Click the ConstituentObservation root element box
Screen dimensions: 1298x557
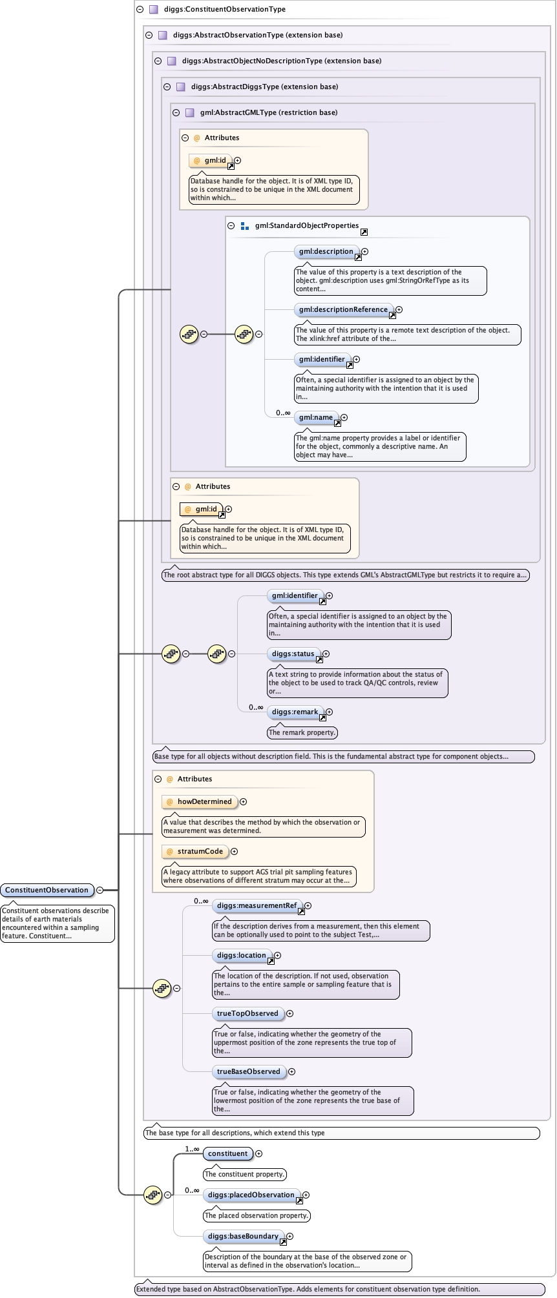[47, 890]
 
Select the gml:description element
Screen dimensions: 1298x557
[326, 252]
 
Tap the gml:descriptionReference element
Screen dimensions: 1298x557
[343, 310]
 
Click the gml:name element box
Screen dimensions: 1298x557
[315, 418]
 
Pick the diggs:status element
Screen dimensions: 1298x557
[293, 654]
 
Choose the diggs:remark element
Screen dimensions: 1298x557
[295, 712]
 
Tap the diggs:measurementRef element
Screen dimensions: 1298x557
[257, 906]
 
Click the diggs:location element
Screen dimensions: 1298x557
[241, 956]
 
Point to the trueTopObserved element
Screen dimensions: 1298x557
[247, 1014]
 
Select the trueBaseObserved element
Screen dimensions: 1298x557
[248, 1072]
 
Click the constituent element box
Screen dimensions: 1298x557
[227, 1154]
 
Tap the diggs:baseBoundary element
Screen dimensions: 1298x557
[242, 1237]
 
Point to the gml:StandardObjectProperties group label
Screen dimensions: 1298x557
[306, 226]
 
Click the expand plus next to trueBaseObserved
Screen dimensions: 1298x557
[292, 1072]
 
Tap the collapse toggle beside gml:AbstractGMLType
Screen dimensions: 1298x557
[176, 112]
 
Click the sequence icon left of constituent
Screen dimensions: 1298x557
[152, 1195]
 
